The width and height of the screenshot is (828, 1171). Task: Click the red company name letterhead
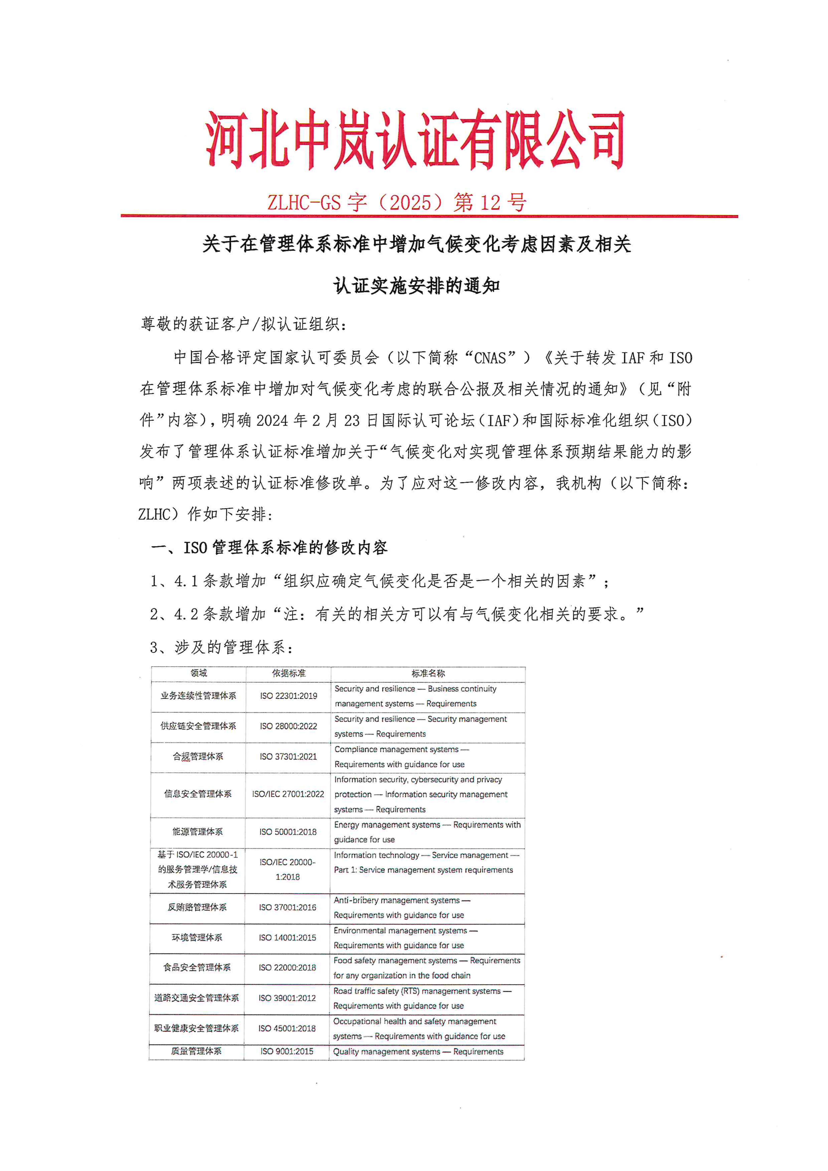[x=415, y=139]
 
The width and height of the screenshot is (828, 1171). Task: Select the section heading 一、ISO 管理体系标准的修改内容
[x=269, y=548]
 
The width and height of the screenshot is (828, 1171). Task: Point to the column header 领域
[x=199, y=673]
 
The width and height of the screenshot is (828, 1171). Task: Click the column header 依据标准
[x=289, y=673]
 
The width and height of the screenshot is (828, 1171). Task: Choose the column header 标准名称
[x=428, y=673]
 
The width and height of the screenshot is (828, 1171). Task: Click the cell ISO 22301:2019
[x=289, y=696]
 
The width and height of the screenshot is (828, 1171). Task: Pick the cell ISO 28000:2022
[x=289, y=726]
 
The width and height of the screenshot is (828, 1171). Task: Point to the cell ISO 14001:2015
[x=287, y=937]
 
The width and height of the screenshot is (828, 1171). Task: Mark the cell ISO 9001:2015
[x=287, y=1051]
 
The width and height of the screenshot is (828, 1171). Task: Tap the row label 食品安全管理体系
[x=197, y=968]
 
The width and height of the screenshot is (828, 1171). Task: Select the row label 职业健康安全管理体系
[x=197, y=1028]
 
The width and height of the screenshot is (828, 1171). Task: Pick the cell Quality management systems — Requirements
[x=418, y=1052]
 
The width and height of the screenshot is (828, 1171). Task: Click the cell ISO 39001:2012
[x=287, y=998]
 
